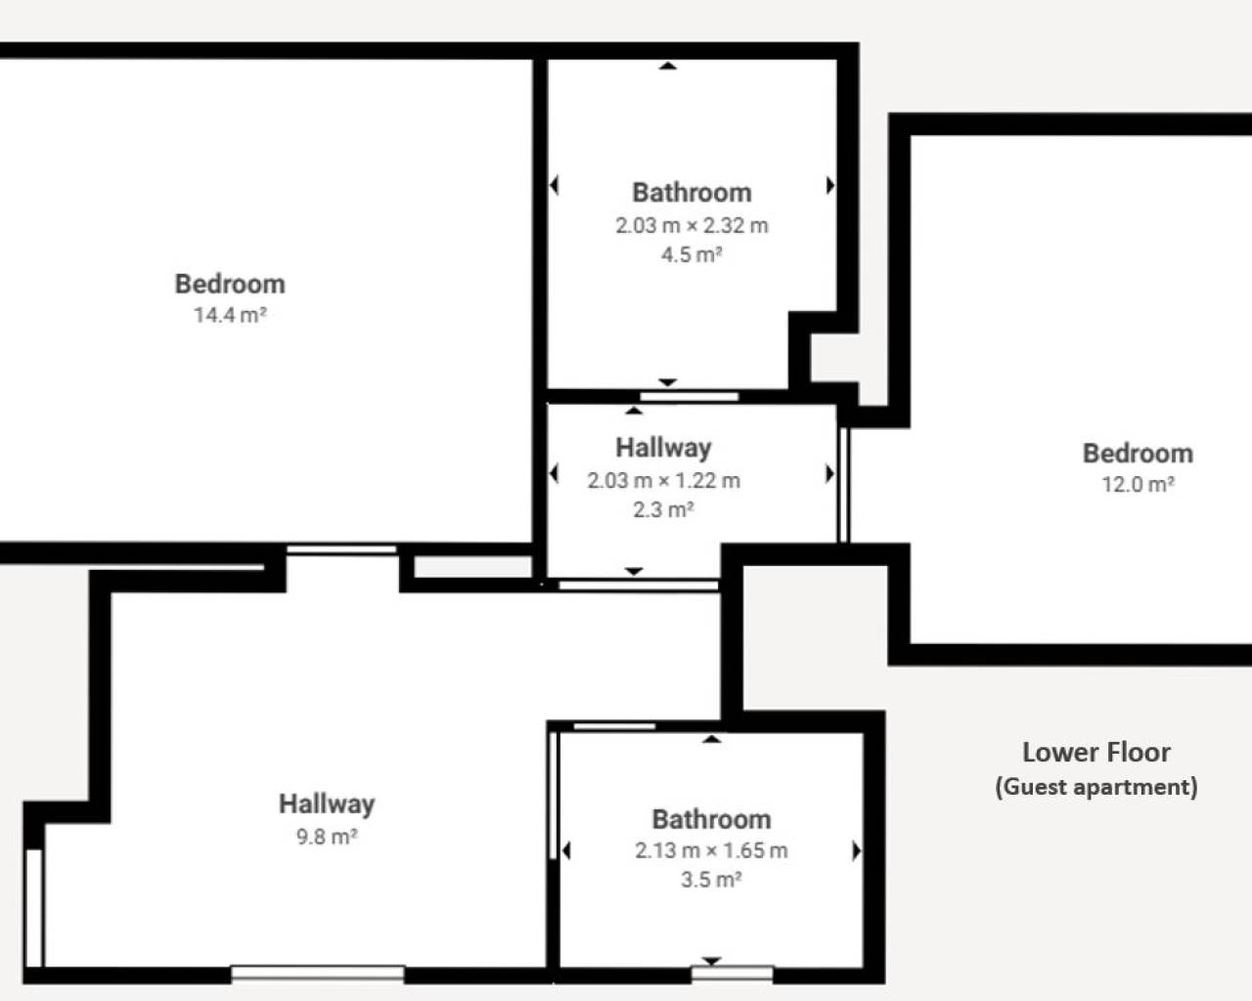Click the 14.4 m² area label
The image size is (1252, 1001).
pos(230,315)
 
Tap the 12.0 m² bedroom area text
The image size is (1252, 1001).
pos(1138,484)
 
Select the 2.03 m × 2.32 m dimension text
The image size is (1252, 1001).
pos(692,225)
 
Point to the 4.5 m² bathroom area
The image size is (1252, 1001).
pos(692,254)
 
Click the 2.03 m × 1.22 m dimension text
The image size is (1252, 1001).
pos(663,480)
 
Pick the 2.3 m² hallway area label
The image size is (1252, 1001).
pos(663,509)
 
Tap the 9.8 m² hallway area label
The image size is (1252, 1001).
pos(327,837)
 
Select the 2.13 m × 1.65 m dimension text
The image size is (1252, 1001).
pos(711,850)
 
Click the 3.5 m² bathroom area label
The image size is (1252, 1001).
pos(711,879)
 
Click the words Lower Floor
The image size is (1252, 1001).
pos(1096,752)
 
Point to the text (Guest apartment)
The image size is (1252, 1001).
pos(1096,787)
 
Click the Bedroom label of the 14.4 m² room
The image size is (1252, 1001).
pos(230,283)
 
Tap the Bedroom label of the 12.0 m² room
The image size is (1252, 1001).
pos(1138,454)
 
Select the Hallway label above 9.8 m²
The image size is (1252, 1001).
pos(327,805)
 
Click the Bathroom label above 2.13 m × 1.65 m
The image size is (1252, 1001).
pos(711,819)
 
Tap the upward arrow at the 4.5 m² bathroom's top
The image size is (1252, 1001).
pos(668,65)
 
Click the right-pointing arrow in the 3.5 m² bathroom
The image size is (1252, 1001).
pos(857,850)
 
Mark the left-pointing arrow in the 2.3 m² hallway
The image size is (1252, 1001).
pos(554,473)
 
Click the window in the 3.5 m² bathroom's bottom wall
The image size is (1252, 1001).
pos(733,974)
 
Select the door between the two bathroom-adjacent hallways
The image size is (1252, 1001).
pos(638,586)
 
